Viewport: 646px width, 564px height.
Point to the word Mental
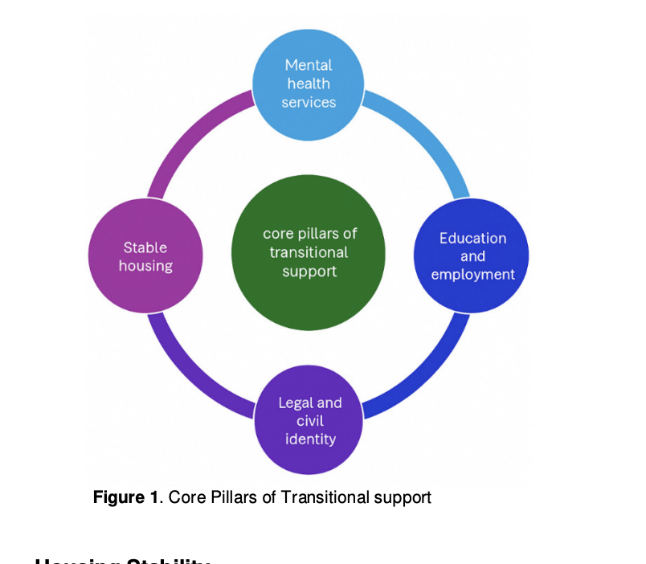(309, 65)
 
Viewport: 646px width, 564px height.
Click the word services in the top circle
(309, 102)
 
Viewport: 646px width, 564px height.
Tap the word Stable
(145, 247)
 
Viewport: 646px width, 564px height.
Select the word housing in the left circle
(145, 266)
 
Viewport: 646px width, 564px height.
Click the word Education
(472, 239)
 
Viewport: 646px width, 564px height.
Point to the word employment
(472, 275)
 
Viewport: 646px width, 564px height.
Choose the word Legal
(297, 403)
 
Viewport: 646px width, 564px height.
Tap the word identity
(310, 439)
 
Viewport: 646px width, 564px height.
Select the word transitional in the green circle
(309, 252)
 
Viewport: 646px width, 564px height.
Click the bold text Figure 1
(125, 497)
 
